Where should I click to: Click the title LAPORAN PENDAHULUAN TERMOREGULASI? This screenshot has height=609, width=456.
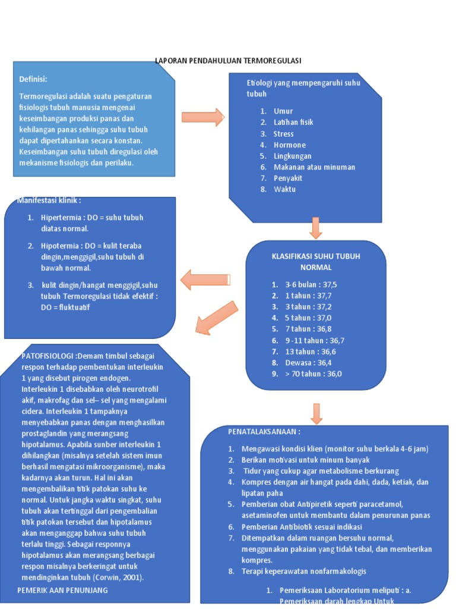tap(228, 61)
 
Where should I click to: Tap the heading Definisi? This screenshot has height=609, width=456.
tap(33, 79)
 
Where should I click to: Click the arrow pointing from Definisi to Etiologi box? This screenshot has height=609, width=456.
tap(202, 117)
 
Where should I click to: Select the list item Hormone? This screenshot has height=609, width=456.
tap(290, 145)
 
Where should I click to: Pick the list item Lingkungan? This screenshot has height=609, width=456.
tap(293, 156)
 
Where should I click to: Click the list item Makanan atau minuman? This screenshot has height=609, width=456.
tap(314, 167)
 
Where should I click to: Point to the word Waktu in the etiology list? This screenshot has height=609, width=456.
tap(284, 189)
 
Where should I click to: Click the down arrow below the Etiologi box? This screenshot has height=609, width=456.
tap(316, 228)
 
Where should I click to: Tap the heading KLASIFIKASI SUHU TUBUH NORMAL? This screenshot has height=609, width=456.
tap(316, 261)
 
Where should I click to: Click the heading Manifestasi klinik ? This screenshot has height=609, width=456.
tap(49, 200)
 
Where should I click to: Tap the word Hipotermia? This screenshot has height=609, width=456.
tap(61, 246)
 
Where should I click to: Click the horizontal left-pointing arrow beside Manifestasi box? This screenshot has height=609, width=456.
tap(205, 280)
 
